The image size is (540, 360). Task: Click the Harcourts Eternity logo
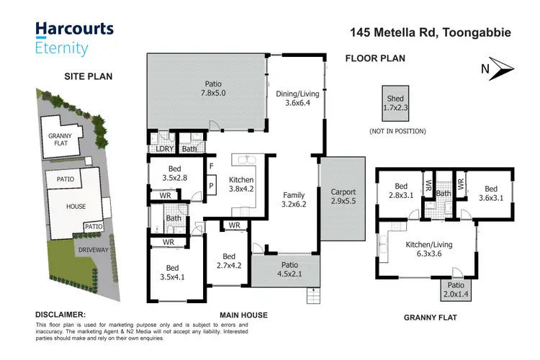click(x=64, y=38)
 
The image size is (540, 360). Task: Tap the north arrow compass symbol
click(x=496, y=68)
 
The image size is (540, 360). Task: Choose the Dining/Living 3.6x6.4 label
click(x=297, y=98)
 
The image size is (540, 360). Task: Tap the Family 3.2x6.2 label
click(x=294, y=200)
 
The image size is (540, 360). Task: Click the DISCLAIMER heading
click(x=60, y=315)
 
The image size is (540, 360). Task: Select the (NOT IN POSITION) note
click(x=397, y=131)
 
